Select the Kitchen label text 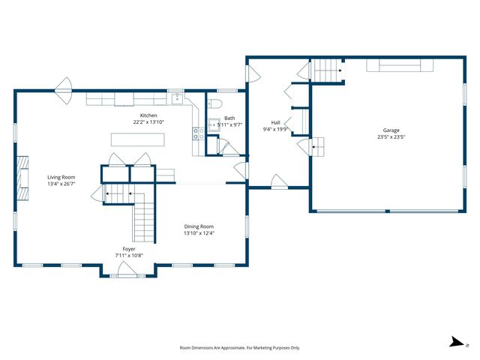(148, 115)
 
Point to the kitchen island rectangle (137, 139)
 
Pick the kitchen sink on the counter (176, 98)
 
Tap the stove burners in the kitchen (198, 134)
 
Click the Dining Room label (199, 226)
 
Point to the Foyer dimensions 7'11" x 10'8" (129, 255)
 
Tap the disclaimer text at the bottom (240, 348)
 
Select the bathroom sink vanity (213, 125)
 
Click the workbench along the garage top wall (400, 66)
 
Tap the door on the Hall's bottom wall (278, 182)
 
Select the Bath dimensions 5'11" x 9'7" (229, 124)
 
